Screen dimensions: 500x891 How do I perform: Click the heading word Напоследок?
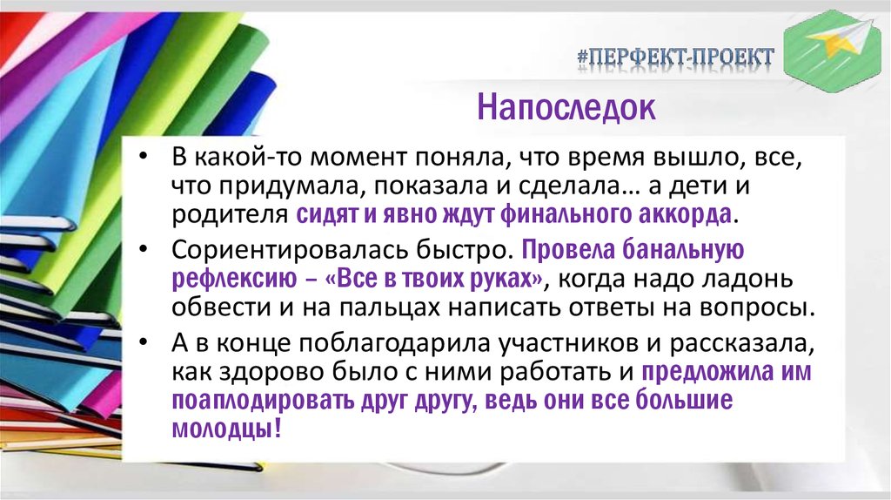click(x=565, y=107)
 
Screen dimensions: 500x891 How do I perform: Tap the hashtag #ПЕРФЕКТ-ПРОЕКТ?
click(x=675, y=57)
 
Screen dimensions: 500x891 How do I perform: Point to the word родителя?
click(x=230, y=214)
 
